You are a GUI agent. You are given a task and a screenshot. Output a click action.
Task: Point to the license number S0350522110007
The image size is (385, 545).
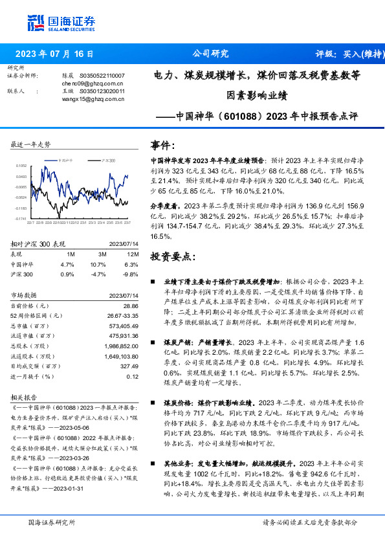pos(102,76)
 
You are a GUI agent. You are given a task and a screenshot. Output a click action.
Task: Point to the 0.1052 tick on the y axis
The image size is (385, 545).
pos(21,166)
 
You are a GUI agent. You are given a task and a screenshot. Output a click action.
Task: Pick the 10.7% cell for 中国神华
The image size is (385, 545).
pos(98,265)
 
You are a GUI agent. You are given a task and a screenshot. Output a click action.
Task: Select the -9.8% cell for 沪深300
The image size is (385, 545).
pos(131,274)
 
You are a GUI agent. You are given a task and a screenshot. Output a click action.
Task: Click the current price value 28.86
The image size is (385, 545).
pos(131,305)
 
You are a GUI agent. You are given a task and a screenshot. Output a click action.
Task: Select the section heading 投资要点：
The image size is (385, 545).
pos(172,257)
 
